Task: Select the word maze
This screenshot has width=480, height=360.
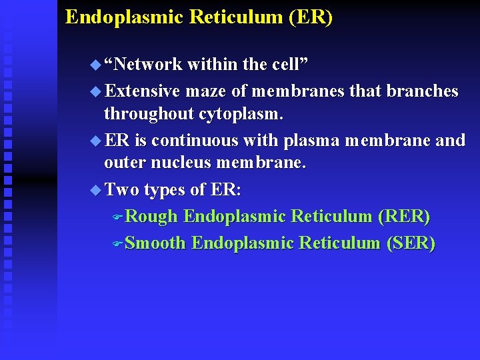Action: [207, 91]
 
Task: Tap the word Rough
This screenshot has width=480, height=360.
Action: [151, 217]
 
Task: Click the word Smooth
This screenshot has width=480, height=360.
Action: [155, 243]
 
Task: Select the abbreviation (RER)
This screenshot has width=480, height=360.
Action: [404, 217]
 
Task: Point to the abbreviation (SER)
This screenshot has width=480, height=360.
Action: [411, 243]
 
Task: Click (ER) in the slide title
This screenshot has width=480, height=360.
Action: [311, 17]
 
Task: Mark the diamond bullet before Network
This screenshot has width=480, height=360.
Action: [93, 65]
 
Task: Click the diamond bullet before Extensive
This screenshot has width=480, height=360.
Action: [93, 91]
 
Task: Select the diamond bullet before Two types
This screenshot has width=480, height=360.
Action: [93, 190]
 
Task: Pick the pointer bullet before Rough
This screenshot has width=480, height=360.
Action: [118, 217]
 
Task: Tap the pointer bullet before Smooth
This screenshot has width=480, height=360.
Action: [118, 243]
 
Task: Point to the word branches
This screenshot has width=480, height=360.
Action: [427, 91]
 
